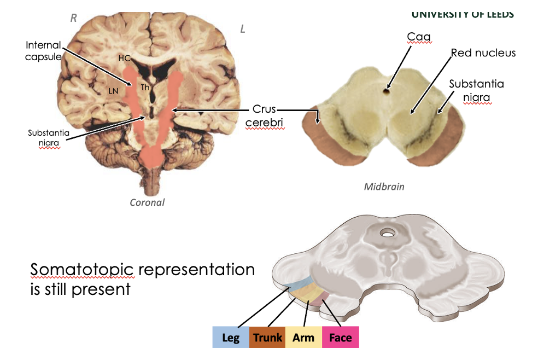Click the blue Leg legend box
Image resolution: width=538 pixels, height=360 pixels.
pos(231,337)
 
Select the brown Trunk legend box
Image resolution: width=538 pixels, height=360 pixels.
pos(267,337)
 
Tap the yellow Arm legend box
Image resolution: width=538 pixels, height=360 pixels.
pos(303,337)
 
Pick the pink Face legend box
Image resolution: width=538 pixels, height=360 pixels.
pos(340,337)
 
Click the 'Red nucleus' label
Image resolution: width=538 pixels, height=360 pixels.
pos(483,53)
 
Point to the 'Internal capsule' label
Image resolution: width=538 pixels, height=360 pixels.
pos(43,51)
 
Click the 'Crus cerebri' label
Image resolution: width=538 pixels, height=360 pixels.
pos(264,116)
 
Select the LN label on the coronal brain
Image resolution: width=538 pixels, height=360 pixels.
pos(113,91)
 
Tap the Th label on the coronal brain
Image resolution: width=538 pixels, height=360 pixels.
pos(145,87)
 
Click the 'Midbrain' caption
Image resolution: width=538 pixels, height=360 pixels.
pos(384,187)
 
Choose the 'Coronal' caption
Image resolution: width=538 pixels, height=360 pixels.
pos(147,202)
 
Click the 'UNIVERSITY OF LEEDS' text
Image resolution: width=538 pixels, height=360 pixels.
pos(462,14)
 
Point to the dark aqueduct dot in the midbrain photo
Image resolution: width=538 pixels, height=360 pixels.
pos(386,90)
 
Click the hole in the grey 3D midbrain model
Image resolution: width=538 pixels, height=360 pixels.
pos(388,234)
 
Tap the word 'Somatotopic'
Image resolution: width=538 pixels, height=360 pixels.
pos(81,270)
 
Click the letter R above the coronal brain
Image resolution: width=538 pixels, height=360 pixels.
pos(74,18)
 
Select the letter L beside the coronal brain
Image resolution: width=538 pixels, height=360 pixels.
pos(243,29)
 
